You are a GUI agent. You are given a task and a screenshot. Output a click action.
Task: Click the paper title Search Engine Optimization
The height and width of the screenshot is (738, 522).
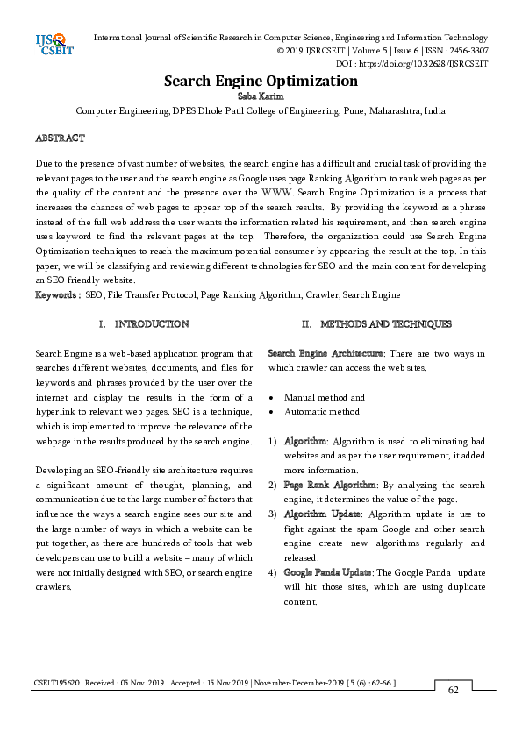261,82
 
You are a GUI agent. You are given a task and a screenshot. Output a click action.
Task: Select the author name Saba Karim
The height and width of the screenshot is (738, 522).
261,97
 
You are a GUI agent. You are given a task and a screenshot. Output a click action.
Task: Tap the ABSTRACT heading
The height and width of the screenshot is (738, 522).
60,138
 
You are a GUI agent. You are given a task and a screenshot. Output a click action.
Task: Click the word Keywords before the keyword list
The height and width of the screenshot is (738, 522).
56,295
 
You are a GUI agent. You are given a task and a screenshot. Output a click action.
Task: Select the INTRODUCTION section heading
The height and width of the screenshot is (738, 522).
152,324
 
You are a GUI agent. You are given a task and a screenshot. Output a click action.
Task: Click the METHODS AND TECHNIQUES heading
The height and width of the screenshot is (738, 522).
387,324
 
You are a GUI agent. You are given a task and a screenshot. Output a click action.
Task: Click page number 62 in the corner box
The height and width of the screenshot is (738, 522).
454,714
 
